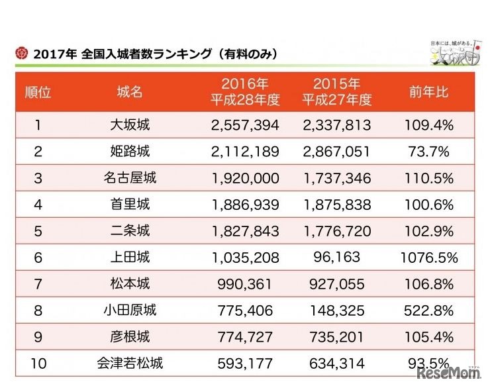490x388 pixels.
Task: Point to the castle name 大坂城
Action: [x=130, y=125]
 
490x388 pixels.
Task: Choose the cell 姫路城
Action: [x=130, y=152]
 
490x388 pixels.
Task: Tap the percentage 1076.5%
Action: [x=428, y=258]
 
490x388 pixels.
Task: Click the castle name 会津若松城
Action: [x=130, y=363]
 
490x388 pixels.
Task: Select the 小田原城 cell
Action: [x=130, y=311]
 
